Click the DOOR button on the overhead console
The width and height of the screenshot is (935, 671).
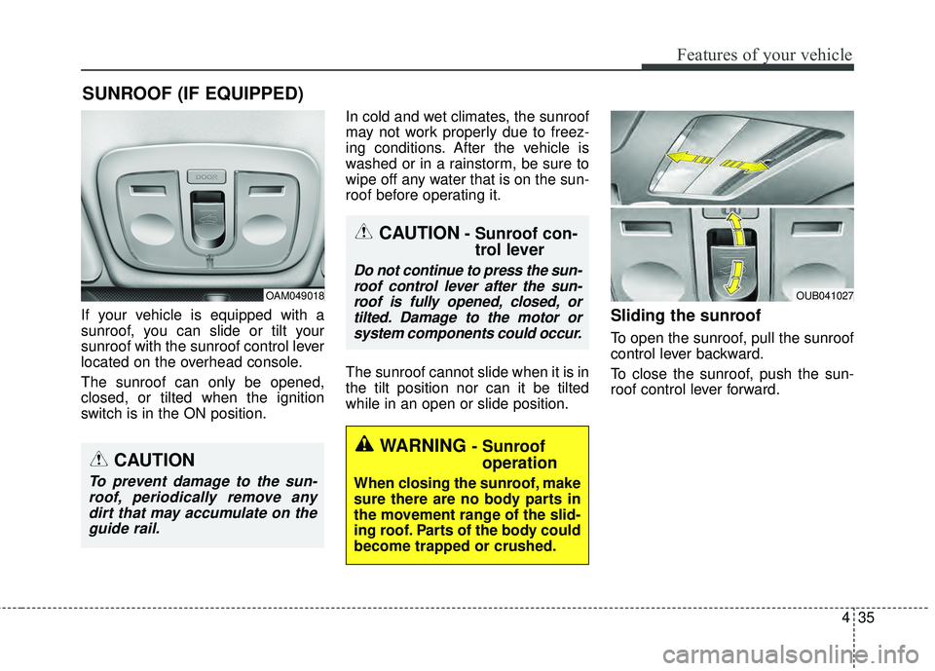[x=204, y=176]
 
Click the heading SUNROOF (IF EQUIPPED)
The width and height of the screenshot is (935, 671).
[x=192, y=93]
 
